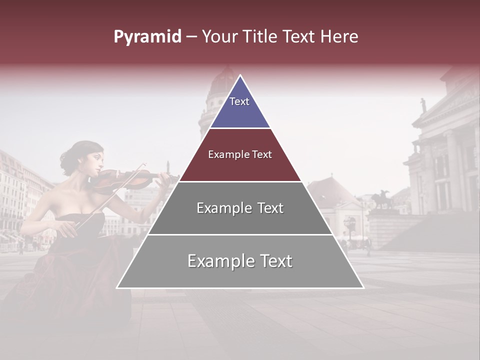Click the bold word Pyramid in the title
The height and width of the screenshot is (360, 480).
click(x=147, y=37)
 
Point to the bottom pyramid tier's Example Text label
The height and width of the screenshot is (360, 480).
click(x=240, y=261)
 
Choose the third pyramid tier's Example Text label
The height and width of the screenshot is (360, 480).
click(x=240, y=208)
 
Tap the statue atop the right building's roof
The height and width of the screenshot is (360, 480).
click(x=423, y=105)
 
